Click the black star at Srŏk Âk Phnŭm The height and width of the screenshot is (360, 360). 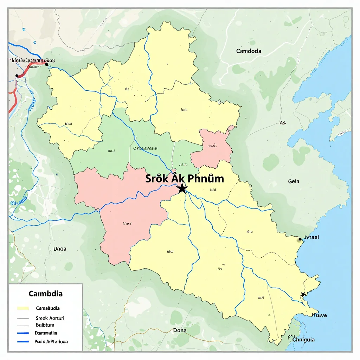tap(181, 188)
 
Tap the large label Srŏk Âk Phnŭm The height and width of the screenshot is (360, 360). tap(185, 178)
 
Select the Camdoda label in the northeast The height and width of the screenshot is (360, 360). tap(249, 51)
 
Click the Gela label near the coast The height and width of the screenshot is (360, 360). tap(293, 181)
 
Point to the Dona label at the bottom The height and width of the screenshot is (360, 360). tap(180, 330)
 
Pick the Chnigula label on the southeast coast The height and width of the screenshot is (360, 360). tap(303, 340)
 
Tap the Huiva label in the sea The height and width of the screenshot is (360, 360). tap(319, 315)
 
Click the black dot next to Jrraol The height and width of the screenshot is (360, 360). tap(300, 239)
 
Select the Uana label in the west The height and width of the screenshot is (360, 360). tap(59, 249)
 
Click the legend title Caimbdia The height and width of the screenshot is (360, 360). tap(46, 293)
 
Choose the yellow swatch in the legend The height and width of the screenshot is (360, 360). tap(23, 308)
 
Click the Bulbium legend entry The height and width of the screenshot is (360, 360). tap(45, 325)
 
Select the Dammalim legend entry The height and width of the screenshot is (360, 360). tap(46, 333)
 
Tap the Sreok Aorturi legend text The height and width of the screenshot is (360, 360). tap(50, 318)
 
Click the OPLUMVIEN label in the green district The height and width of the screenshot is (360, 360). tap(146, 148)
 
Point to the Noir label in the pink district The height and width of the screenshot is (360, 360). tap(127, 223)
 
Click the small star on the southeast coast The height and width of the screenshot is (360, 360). tap(303, 294)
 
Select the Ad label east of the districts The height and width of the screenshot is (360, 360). tap(283, 123)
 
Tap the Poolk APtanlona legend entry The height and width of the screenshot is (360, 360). tap(51, 341)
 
